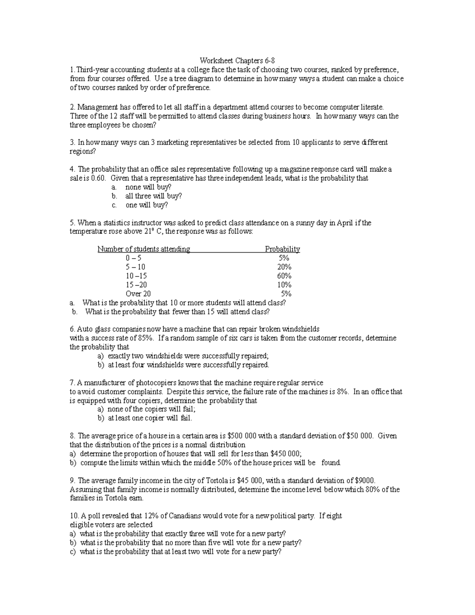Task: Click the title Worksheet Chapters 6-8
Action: [237, 61]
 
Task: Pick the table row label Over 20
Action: [138, 294]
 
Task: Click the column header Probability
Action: [282, 249]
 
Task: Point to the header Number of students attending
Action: [144, 249]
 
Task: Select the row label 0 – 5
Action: [133, 258]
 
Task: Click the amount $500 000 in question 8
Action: [242, 436]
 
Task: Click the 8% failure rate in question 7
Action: [342, 392]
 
